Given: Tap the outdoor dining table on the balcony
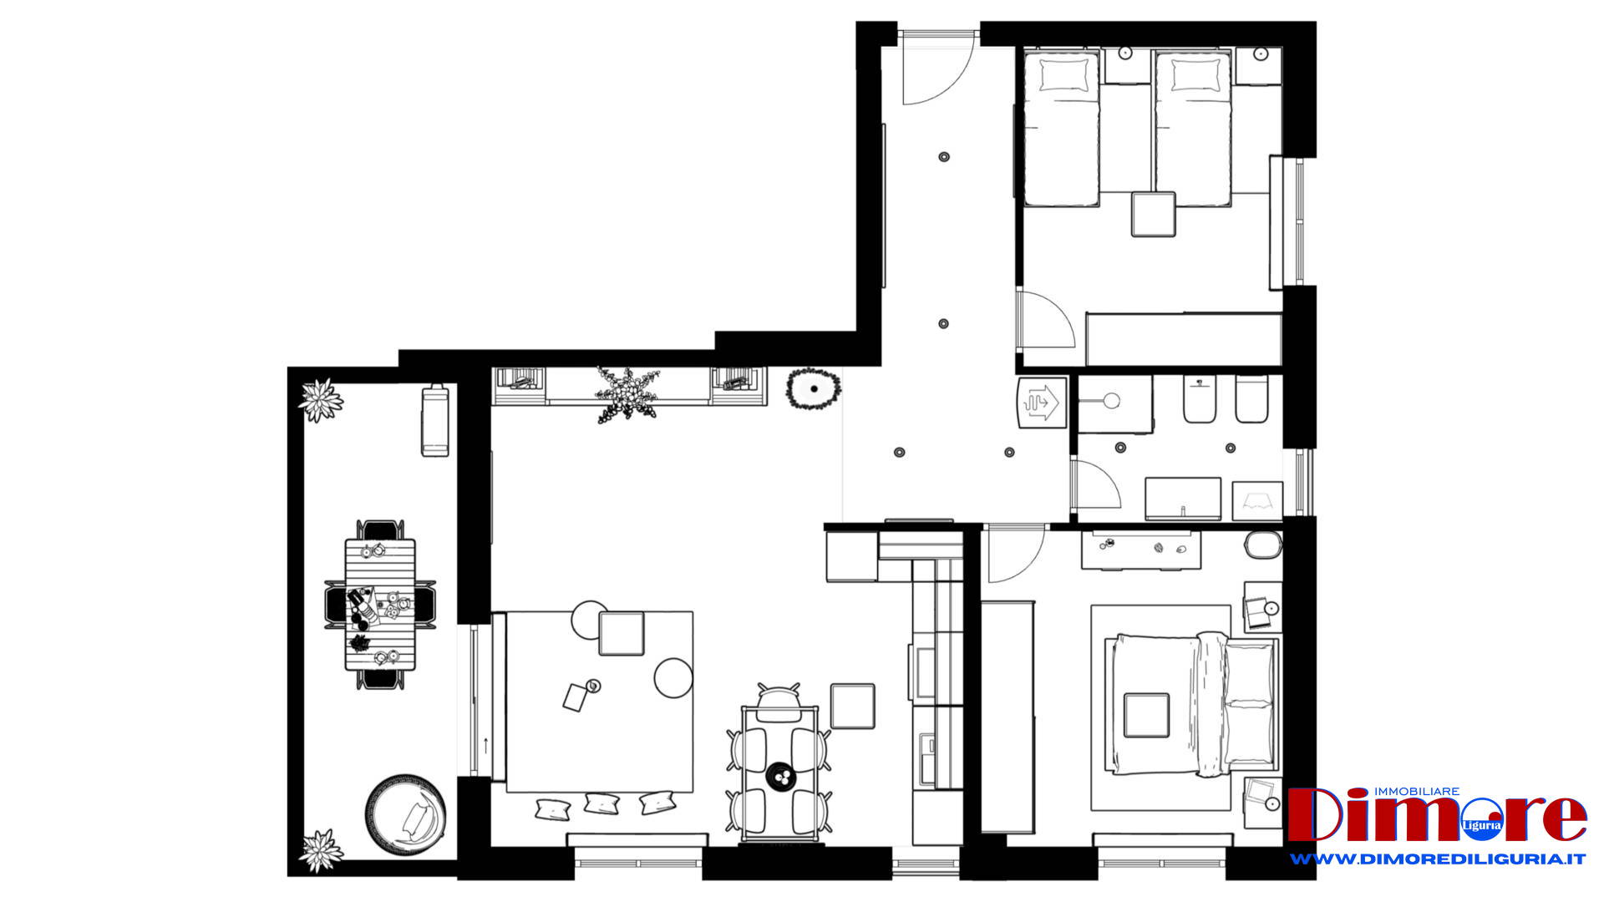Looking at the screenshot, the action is tap(380, 605).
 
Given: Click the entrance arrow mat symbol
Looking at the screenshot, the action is tap(1042, 403).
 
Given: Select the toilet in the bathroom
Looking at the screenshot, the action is tap(1199, 399).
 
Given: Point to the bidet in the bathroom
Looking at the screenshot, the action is tap(1251, 399).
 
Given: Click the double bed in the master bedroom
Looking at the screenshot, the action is tap(1192, 705).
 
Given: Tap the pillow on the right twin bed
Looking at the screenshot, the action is tap(1195, 76).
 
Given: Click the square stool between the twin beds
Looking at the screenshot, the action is tap(1154, 214).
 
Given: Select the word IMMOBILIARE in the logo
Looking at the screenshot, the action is tap(1417, 791).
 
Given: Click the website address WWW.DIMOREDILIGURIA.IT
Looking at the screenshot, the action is tap(1437, 859).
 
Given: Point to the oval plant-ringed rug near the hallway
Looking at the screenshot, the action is tap(813, 389).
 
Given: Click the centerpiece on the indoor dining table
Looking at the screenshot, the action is tap(782, 777).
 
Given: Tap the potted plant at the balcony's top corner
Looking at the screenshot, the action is tap(321, 401).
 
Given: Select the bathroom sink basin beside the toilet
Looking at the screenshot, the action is tap(1111, 401).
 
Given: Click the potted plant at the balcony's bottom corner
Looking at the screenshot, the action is tap(321, 850).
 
